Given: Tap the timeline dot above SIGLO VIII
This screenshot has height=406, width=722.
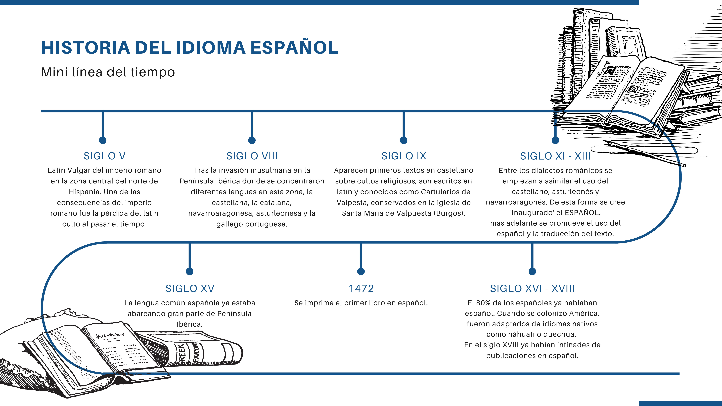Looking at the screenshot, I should point(252,140).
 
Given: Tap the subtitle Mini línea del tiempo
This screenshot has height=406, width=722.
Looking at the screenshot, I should point(108,72).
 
